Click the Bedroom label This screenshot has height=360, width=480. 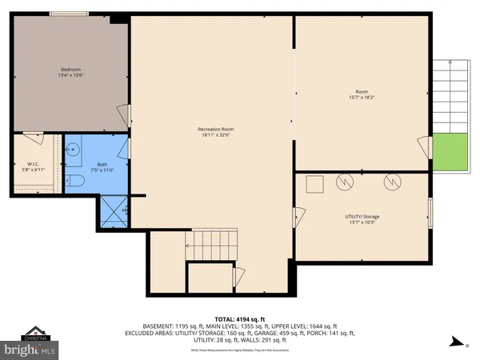click(x=66, y=70)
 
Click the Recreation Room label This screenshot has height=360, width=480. click(x=216, y=130)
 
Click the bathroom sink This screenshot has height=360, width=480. click(x=72, y=148)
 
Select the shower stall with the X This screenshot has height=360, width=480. click(x=112, y=210)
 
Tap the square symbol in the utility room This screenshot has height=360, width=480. click(x=314, y=182)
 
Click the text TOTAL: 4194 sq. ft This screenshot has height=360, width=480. click(x=239, y=318)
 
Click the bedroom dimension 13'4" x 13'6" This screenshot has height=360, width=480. click(x=66, y=75)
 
